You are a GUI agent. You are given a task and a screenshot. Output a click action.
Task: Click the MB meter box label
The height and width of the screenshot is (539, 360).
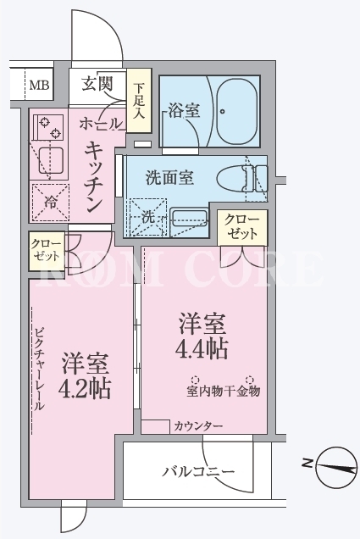click(39, 85)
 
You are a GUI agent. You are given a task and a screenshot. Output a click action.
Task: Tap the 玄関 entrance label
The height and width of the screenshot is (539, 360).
click(97, 84)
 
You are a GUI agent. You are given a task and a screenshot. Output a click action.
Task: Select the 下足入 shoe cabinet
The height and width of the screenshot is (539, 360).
click(139, 100)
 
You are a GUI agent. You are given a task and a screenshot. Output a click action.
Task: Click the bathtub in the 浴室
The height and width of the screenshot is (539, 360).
click(237, 112)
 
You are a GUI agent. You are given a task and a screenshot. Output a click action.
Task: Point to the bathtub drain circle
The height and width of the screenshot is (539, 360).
click(223, 111)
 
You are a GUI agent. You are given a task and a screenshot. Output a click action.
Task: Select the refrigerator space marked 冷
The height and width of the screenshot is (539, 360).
click(51, 203)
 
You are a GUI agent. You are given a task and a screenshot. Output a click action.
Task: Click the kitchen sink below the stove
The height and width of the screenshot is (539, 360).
click(51, 160)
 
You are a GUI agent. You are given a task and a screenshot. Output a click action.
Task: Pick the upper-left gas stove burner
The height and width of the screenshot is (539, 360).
click(44, 122)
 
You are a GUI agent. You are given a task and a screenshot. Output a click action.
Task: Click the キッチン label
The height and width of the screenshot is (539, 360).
click(93, 176)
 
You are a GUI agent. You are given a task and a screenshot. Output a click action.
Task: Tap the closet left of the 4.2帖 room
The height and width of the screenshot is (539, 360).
click(46, 251)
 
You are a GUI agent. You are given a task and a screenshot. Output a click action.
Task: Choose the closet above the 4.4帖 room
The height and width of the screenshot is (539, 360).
click(242, 227)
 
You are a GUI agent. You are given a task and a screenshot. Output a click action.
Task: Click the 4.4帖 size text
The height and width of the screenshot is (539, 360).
click(202, 349)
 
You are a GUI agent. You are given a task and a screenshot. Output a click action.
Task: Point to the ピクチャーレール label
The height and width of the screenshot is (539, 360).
click(40, 369)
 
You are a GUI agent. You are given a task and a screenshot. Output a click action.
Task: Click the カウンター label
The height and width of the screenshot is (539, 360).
click(198, 426)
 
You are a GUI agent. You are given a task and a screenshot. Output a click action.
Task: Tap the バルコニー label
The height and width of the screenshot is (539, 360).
click(198, 471)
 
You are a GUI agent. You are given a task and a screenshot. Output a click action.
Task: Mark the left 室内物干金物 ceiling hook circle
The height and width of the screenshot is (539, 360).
click(195, 380)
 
